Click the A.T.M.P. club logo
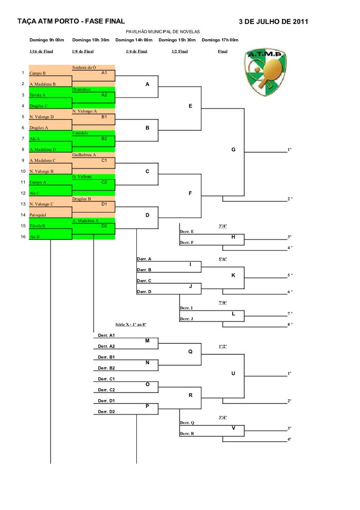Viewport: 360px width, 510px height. pyautogui.click(x=265, y=70)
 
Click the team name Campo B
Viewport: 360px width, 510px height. pyautogui.click(x=38, y=73)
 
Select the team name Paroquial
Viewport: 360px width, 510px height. pyautogui.click(x=38, y=215)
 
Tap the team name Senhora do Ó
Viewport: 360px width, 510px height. pyautogui.click(x=84, y=67)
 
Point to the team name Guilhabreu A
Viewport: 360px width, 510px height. pyautogui.click(x=84, y=155)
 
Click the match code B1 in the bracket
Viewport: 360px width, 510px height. pyautogui.click(x=104, y=116)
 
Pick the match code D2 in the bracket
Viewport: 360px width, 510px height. pyautogui.click(x=104, y=226)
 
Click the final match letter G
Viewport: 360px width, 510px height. pyautogui.click(x=234, y=149)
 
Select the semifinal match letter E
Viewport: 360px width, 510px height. pyautogui.click(x=190, y=105)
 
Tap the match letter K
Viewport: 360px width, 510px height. pyautogui.click(x=234, y=275)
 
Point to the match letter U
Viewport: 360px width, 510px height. pyautogui.click(x=234, y=373)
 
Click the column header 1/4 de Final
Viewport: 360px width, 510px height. pyautogui.click(x=136, y=51)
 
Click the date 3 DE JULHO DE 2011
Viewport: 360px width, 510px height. pyautogui.click(x=273, y=21)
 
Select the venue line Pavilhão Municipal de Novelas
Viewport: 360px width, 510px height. pyautogui.click(x=163, y=31)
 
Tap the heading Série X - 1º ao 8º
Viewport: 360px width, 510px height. pyautogui.click(x=131, y=324)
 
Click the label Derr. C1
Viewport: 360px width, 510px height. pyautogui.click(x=106, y=379)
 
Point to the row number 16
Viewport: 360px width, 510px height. pyautogui.click(x=22, y=237)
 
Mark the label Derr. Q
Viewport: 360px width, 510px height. pyautogui.click(x=186, y=422)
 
